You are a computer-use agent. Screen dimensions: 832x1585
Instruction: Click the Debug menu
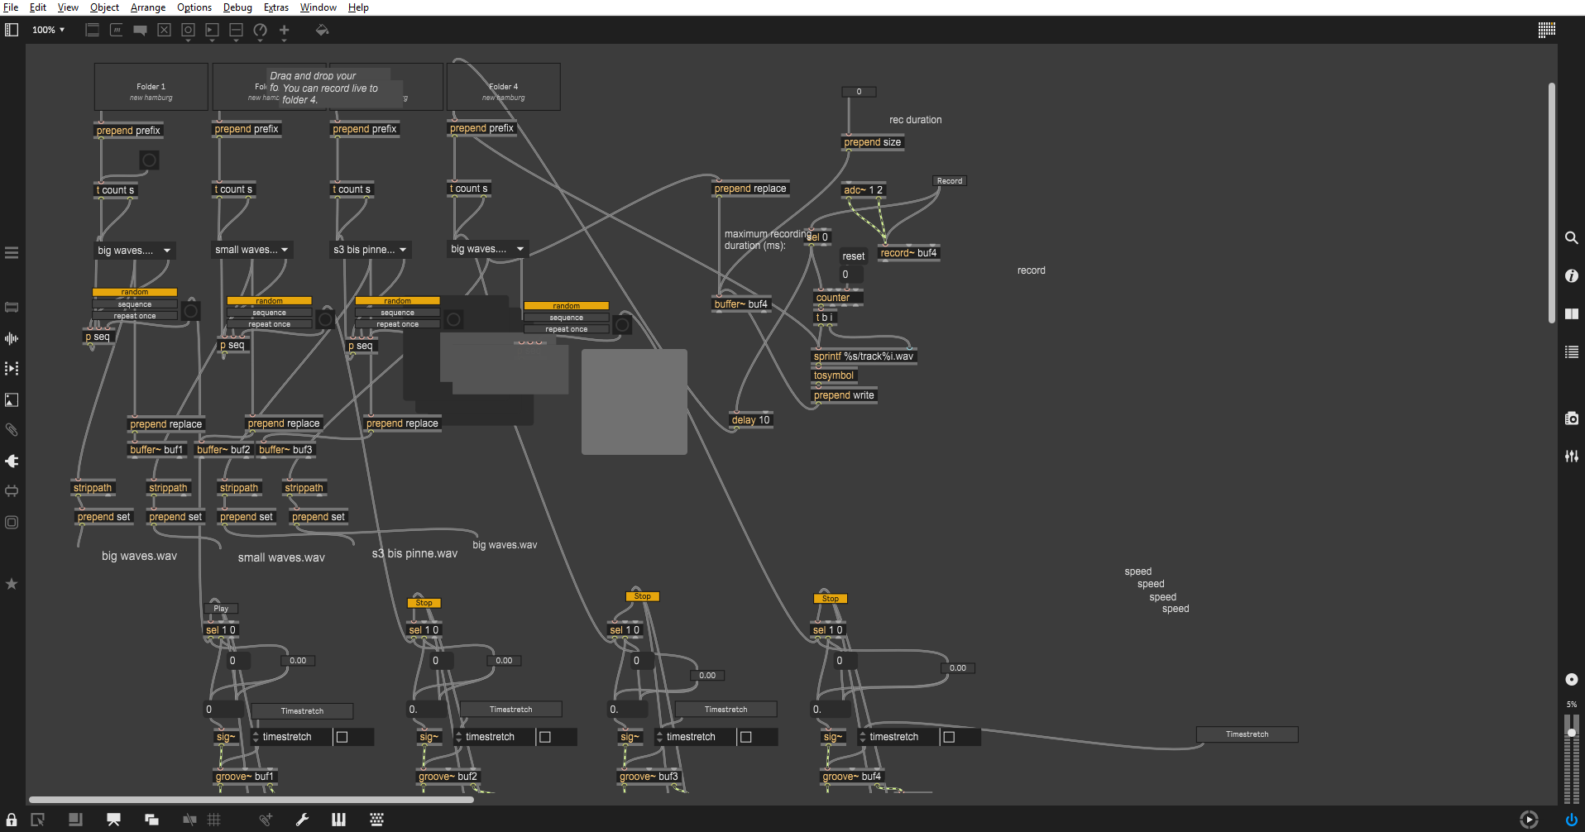[237, 7]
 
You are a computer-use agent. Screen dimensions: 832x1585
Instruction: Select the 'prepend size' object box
[872, 142]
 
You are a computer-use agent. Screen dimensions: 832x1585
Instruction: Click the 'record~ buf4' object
[908, 253]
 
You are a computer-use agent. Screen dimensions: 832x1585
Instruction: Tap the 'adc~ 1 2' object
[863, 190]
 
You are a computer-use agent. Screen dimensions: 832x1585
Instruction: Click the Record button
[949, 181]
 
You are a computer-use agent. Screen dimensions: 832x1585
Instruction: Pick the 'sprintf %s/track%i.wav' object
[864, 356]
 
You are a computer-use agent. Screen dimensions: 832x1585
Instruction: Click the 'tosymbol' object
[834, 375]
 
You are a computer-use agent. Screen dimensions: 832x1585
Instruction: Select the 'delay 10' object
[750, 420]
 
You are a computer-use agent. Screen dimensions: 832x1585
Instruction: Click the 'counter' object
[833, 298]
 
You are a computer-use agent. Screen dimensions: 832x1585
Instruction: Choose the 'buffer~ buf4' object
[741, 304]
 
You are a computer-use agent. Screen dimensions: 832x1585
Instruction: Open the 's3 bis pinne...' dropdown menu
[370, 250]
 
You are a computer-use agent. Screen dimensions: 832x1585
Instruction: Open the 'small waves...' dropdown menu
[251, 250]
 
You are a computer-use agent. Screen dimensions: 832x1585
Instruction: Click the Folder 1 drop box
[151, 87]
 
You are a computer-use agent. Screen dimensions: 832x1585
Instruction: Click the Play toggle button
[221, 609]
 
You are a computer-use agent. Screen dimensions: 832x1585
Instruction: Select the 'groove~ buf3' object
[649, 777]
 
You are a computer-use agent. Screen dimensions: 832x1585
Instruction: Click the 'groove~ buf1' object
[244, 777]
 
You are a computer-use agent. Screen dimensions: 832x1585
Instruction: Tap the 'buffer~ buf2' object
[223, 450]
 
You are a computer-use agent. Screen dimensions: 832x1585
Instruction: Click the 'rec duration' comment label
[915, 120]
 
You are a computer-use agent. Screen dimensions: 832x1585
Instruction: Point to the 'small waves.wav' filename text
[281, 557]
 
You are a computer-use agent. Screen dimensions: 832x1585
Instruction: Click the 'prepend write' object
[844, 395]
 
